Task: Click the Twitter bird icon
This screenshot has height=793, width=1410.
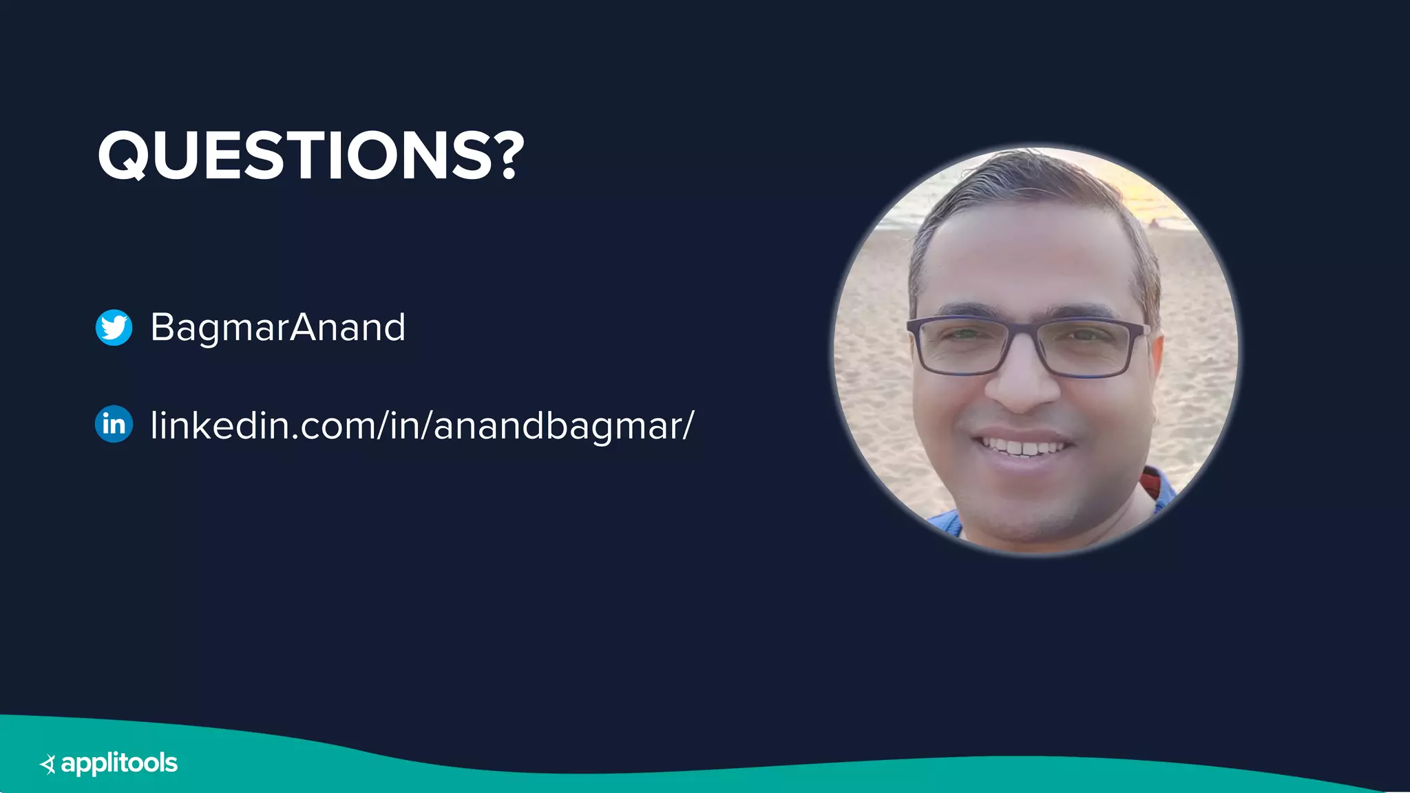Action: tap(114, 327)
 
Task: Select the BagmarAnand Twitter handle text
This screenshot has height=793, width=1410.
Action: tap(277, 328)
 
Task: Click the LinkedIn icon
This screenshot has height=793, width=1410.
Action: tap(114, 424)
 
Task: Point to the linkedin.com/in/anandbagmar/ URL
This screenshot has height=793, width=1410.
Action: tap(421, 425)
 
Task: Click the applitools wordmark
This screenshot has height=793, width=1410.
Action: tap(119, 763)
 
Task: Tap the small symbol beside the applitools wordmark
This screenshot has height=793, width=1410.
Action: tap(48, 764)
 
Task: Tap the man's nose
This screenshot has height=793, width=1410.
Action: tap(1022, 385)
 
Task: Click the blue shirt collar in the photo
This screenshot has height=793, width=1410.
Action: tap(943, 520)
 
